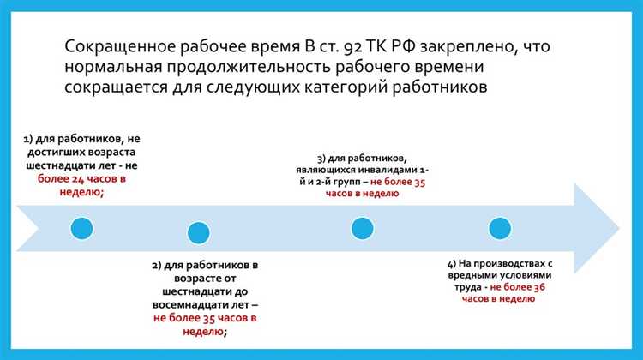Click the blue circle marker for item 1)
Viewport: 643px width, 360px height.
tap(81, 230)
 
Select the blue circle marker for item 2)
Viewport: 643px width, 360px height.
tap(198, 232)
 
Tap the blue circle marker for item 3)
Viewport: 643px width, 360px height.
tap(363, 228)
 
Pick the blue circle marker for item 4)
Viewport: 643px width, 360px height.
tap(499, 228)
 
